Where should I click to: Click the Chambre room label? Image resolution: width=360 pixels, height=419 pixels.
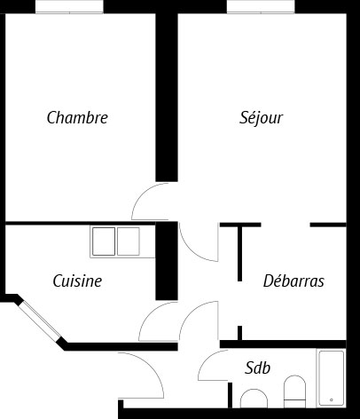(77, 117)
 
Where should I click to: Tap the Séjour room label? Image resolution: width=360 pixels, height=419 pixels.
(261, 118)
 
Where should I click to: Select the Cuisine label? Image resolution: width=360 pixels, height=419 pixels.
(77, 281)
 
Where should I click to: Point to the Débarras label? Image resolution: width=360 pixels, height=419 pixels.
(293, 281)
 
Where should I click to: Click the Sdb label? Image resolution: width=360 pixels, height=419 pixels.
(257, 368)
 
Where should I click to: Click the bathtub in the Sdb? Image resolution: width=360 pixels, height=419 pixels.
(331, 378)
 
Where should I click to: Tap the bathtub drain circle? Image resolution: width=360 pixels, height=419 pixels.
(332, 400)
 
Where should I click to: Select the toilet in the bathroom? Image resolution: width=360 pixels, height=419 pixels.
(294, 391)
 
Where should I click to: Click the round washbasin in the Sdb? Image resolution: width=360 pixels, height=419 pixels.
(254, 399)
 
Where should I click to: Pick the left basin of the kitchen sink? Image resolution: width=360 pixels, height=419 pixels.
(104, 241)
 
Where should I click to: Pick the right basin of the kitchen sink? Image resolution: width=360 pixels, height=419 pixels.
(129, 241)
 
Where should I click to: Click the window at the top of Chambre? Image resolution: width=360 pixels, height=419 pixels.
(69, 6)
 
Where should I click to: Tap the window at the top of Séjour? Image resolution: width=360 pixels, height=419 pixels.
(261, 6)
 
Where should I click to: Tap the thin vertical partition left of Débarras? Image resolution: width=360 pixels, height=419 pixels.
(239, 254)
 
